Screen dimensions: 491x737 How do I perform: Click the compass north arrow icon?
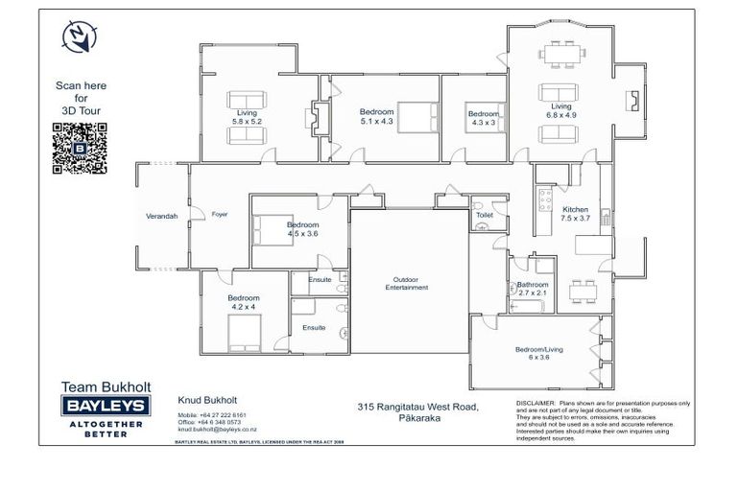tap(76, 36)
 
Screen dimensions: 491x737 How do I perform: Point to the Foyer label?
tap(220, 214)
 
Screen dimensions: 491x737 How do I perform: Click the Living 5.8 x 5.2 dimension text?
tap(247, 117)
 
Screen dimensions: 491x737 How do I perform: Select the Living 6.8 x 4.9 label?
tap(560, 111)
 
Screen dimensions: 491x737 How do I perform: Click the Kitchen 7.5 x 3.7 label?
tap(575, 214)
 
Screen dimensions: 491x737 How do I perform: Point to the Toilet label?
tap(485, 216)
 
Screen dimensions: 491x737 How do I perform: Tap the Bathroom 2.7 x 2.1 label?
tap(532, 289)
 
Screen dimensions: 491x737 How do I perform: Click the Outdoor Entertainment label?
tap(407, 283)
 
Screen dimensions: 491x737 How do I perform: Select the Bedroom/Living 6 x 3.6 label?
tap(538, 354)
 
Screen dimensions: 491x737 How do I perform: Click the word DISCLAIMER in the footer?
tap(535, 403)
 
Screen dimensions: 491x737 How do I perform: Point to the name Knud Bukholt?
tap(208, 401)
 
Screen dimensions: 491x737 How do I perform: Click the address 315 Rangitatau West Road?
tap(417, 408)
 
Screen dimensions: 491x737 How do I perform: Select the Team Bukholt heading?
tap(103, 387)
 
